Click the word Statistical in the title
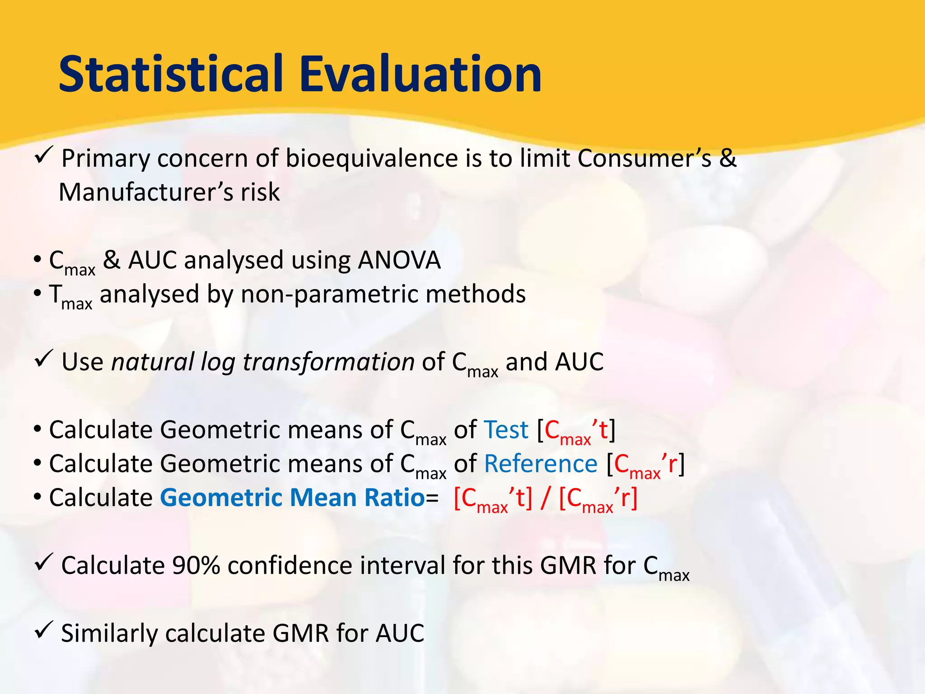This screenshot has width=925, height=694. click(x=171, y=74)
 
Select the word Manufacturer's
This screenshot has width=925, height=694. click(x=145, y=192)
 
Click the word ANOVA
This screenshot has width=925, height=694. click(x=399, y=261)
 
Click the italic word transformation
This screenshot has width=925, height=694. click(x=328, y=362)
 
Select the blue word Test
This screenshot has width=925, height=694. click(x=505, y=430)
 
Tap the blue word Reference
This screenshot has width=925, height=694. click(x=540, y=464)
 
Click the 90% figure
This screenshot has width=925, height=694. click(x=195, y=566)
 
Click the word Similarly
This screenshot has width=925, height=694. click(x=109, y=633)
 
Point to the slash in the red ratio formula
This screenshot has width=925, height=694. click(x=546, y=499)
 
